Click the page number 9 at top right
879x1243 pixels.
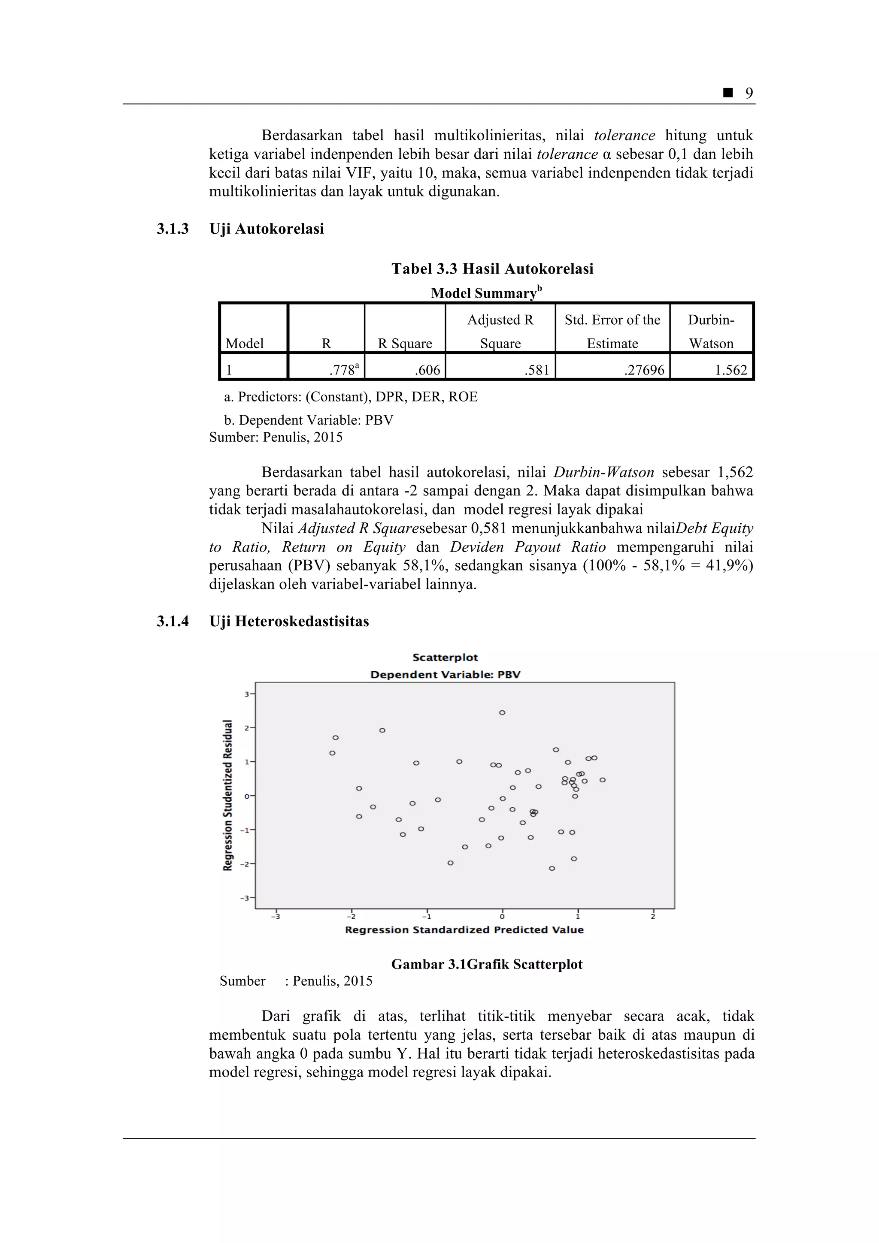click(749, 93)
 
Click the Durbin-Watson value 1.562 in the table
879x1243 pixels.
click(730, 370)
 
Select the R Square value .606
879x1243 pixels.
click(427, 370)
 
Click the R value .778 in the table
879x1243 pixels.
click(343, 370)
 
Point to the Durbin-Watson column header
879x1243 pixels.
click(711, 331)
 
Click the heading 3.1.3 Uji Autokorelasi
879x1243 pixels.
click(240, 229)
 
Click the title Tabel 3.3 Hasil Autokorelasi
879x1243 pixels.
click(492, 269)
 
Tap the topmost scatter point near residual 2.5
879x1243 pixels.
click(502, 712)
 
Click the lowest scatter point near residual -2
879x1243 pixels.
click(552, 869)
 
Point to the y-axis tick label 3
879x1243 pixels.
click(246, 694)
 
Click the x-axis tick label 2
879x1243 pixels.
click(653, 917)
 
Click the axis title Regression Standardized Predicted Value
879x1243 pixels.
click(464, 929)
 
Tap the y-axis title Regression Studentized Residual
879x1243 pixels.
click(227, 795)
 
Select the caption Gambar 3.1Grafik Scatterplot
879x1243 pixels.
click(486, 964)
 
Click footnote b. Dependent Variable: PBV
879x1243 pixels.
click(308, 420)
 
